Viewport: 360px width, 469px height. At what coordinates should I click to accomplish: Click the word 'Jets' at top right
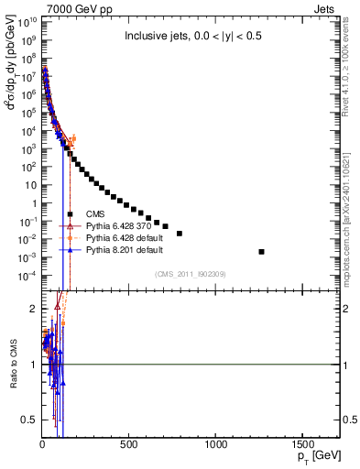[x=328, y=7]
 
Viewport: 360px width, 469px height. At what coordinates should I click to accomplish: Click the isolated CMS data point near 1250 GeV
[x=262, y=252]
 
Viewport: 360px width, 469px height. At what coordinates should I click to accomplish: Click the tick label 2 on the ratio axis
[x=33, y=309]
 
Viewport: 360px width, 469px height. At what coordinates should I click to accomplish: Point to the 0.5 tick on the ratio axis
[x=30, y=420]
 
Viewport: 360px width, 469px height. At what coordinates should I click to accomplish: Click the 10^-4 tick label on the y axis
[x=27, y=276]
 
